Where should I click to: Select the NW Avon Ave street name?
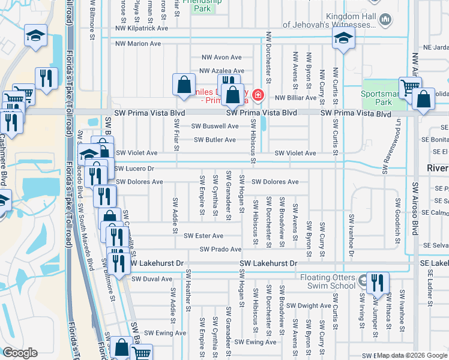(x=221, y=58)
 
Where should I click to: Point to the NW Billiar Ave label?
(x=295, y=97)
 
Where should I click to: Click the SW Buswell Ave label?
(x=214, y=126)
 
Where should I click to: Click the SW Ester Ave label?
(x=203, y=236)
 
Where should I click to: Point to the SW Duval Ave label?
(x=151, y=279)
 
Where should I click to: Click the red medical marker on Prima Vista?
(x=258, y=94)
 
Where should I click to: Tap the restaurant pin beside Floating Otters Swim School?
(x=377, y=283)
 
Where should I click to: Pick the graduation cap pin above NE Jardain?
(x=343, y=39)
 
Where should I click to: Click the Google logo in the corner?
(x=20, y=353)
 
